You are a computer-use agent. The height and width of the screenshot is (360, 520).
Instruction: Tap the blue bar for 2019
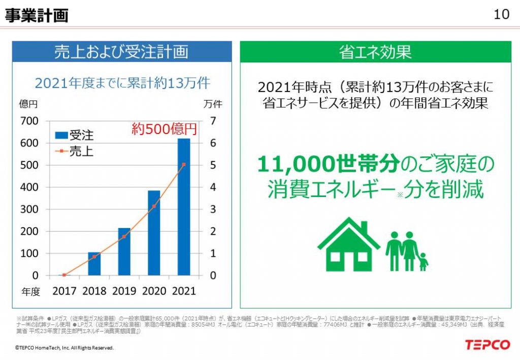tap(124, 252)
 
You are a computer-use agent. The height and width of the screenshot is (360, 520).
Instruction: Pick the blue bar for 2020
tap(154, 233)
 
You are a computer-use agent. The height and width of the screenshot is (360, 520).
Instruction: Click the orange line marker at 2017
tap(64, 275)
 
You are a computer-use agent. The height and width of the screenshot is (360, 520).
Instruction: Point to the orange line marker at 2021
tap(184, 165)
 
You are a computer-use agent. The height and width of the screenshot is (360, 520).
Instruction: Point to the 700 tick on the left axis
tap(28, 121)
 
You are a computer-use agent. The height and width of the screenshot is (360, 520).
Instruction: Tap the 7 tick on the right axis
tap(213, 121)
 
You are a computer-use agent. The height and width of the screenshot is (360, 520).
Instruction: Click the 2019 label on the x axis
tap(124, 291)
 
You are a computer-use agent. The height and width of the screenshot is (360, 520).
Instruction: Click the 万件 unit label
tap(213, 104)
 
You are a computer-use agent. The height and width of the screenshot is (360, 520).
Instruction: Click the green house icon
tap(348, 245)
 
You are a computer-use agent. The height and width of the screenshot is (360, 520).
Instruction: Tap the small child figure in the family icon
tap(422, 262)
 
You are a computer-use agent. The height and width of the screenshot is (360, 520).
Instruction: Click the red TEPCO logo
tap(487, 345)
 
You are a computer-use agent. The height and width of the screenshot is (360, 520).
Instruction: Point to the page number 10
tap(501, 14)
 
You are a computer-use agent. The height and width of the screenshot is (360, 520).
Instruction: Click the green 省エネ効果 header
tap(375, 52)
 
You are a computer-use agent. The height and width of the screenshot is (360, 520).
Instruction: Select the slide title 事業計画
tap(36, 15)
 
